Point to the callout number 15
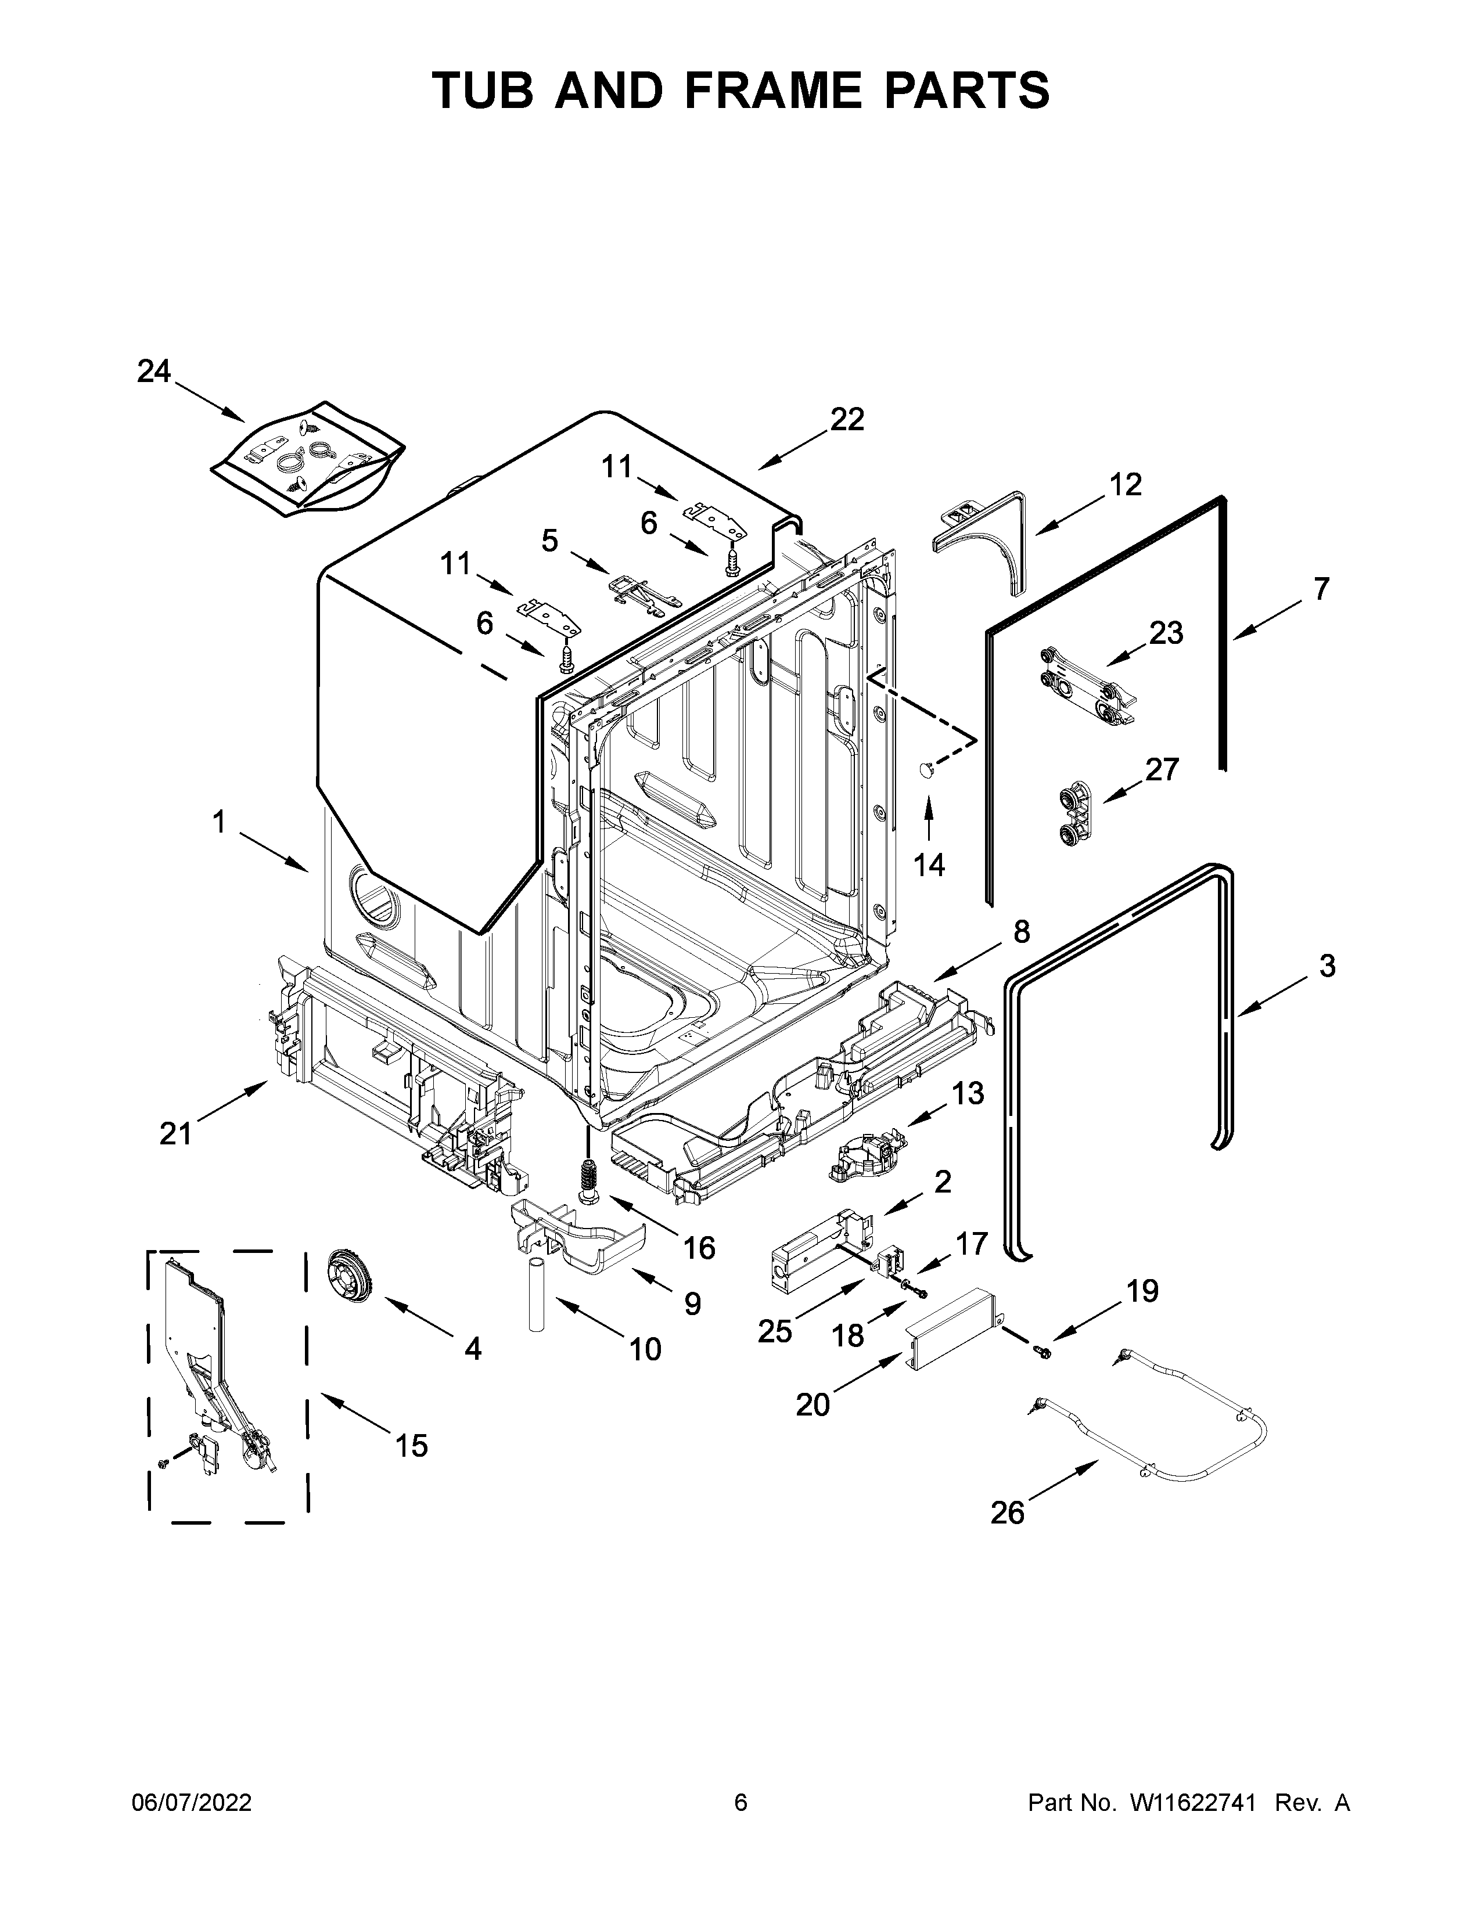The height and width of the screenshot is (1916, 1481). pyautogui.click(x=411, y=1445)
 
